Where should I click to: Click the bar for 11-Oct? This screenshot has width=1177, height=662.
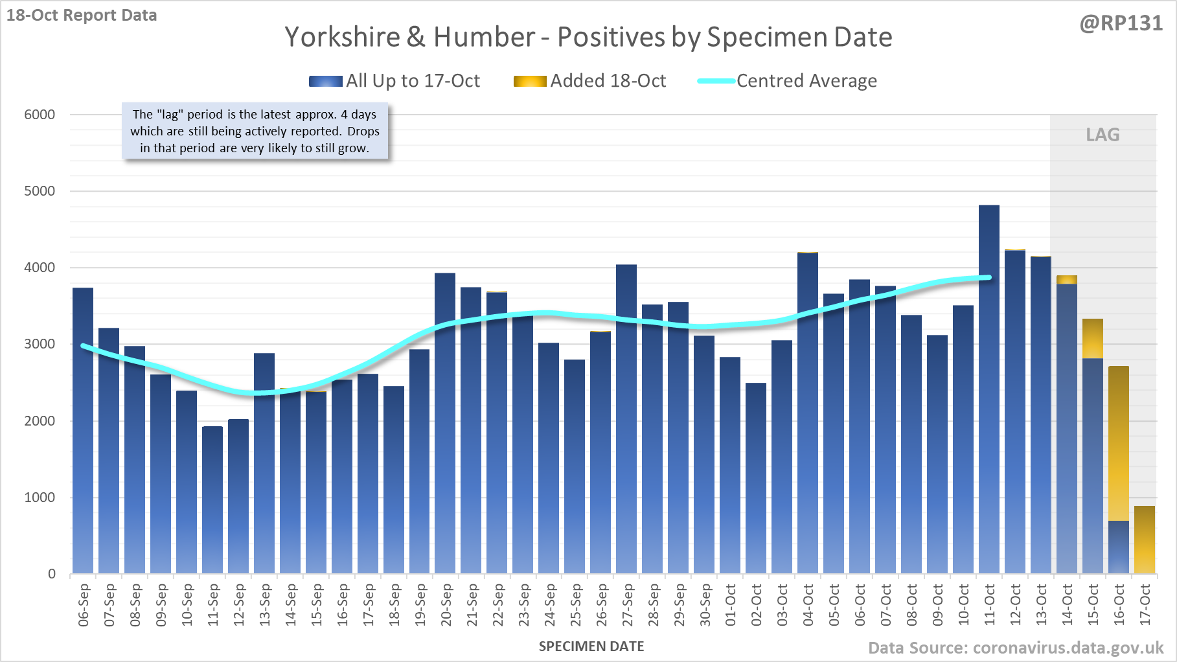click(x=988, y=389)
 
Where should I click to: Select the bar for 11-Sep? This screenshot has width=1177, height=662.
click(x=212, y=499)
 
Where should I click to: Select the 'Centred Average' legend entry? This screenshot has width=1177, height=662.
click(x=787, y=81)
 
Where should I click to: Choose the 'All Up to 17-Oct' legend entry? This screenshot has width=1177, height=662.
click(x=394, y=81)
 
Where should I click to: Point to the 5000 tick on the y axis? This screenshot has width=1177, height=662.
click(x=40, y=191)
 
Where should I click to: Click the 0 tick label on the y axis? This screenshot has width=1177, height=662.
click(x=52, y=574)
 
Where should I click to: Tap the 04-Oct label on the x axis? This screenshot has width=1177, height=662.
click(x=808, y=605)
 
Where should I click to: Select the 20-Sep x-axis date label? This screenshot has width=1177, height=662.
click(x=446, y=605)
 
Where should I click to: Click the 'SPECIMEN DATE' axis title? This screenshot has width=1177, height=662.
click(x=591, y=646)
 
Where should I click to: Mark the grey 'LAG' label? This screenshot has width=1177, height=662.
click(x=1103, y=135)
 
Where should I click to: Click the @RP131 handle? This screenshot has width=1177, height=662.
click(x=1121, y=23)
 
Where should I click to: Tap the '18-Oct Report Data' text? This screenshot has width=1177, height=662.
click(x=82, y=15)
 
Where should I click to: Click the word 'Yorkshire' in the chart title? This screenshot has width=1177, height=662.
click(x=343, y=37)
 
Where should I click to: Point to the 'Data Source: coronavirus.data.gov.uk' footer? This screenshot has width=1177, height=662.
click(x=1016, y=648)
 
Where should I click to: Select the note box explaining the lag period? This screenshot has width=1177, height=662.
click(x=255, y=131)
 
